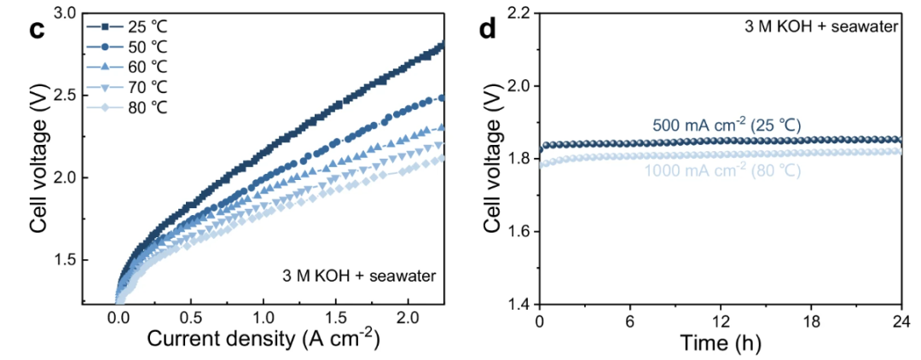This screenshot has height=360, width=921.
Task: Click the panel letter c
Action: [37, 29]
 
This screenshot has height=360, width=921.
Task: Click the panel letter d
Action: [487, 29]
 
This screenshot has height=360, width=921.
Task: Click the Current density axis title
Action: [263, 339]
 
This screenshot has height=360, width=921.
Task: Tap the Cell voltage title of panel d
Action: [492, 160]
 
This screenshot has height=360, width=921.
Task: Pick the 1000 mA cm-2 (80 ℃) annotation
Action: [721, 170]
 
